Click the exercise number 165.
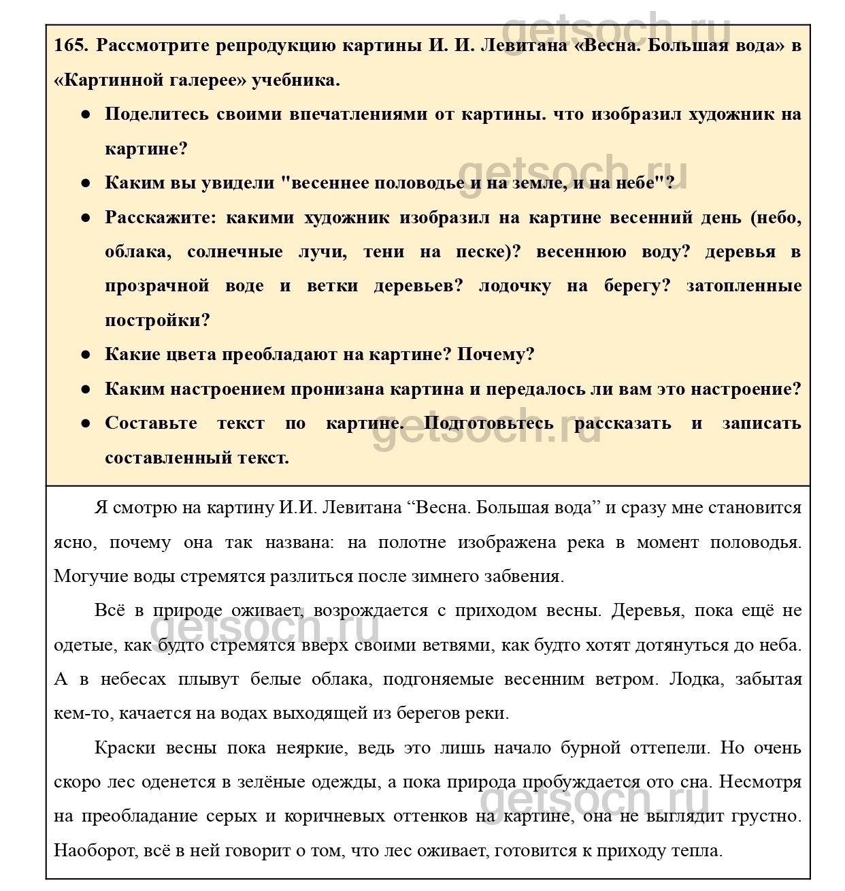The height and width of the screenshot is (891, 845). pos(71,46)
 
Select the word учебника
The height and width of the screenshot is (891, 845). pos(296,80)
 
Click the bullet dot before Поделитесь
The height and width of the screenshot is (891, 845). pos(86,114)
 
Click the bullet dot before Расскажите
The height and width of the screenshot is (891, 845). pos(86,218)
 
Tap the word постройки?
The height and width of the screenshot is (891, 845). pos(158,321)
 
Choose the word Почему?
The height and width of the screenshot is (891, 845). pos(496,355)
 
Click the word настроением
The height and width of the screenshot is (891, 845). pos(226,389)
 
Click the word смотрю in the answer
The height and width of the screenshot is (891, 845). pos(147,508)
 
